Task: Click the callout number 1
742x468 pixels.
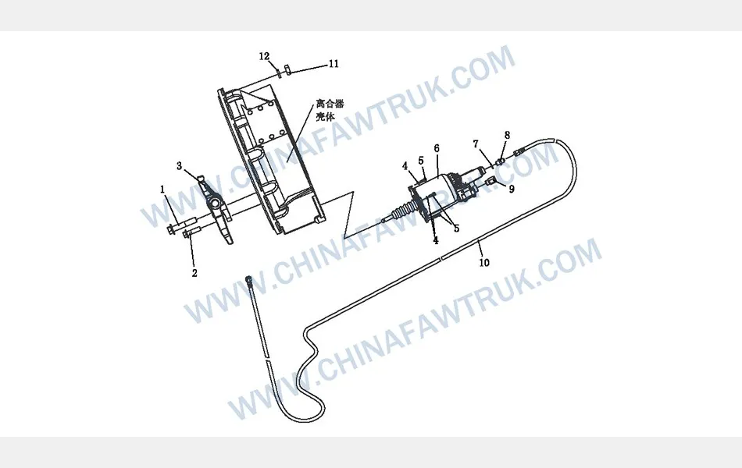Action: [162, 190]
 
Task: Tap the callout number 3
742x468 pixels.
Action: [180, 166]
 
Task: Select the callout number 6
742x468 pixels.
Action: [437, 148]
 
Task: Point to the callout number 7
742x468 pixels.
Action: [476, 144]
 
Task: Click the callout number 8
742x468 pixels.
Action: [507, 135]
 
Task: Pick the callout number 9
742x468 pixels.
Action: [512, 189]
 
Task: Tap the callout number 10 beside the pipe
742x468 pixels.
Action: [484, 262]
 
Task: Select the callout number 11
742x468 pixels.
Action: [334, 64]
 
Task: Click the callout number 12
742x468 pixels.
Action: [264, 57]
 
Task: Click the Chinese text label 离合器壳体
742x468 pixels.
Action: [330, 110]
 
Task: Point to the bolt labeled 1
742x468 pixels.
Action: [181, 225]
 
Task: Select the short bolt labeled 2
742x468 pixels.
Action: [192, 232]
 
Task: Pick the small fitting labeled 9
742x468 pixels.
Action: [491, 181]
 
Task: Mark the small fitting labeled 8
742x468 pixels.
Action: [500, 161]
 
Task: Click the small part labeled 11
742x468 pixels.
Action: [287, 69]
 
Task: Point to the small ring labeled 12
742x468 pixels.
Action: [279, 73]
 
